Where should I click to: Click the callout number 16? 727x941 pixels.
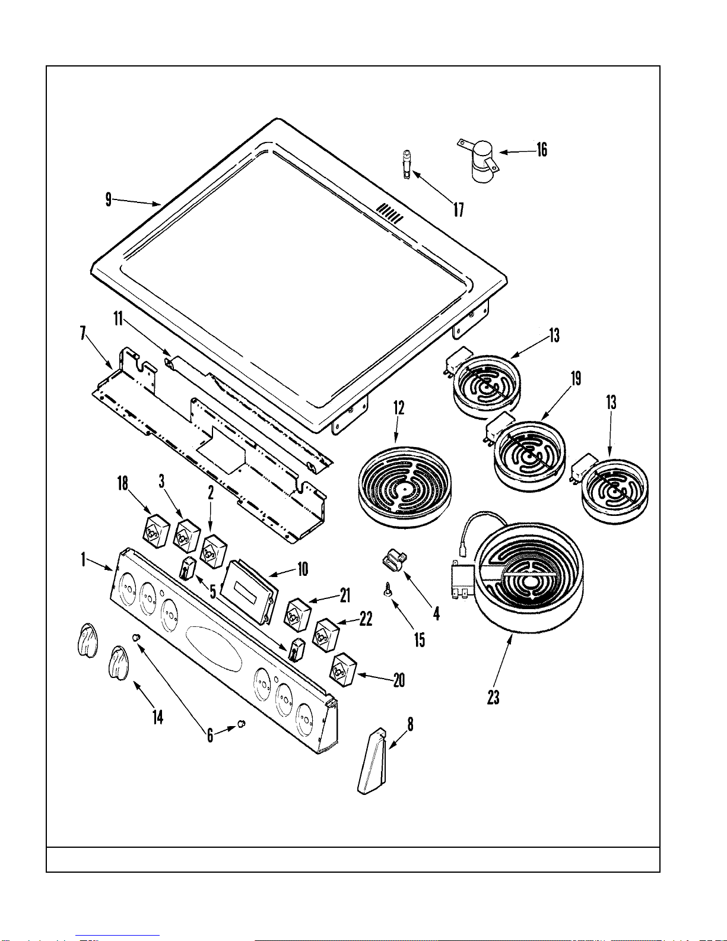click(542, 150)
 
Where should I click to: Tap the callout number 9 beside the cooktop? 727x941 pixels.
click(108, 199)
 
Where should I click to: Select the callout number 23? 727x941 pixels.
click(493, 697)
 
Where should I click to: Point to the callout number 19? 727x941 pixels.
click(576, 378)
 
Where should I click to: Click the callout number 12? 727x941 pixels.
click(399, 408)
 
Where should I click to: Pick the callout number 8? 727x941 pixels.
click(409, 724)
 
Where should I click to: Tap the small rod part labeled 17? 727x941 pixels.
click(407, 163)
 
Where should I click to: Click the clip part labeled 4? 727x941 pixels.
click(393, 560)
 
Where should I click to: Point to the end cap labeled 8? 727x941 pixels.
click(372, 763)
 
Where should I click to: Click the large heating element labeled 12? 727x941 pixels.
click(405, 487)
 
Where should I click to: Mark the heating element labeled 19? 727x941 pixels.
click(529, 456)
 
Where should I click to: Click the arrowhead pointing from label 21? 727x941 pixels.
click(310, 601)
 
